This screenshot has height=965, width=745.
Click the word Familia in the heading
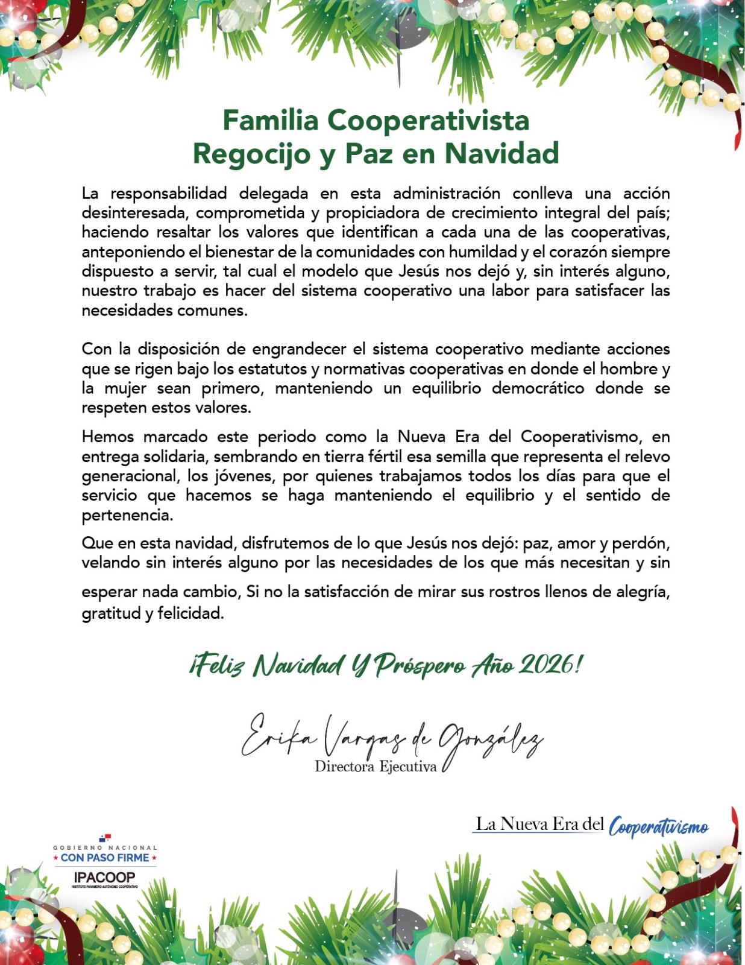coord(270,120)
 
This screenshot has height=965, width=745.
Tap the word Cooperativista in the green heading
coord(429,120)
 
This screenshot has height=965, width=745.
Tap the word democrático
coord(538,388)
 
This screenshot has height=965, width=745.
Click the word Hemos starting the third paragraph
coord(107,437)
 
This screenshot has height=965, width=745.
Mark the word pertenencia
coord(127,516)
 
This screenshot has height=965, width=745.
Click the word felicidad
coord(190,614)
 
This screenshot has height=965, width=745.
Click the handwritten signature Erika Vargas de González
coord(392,739)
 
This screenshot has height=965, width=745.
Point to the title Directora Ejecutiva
coord(375,767)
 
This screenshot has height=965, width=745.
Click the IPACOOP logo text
coord(104,878)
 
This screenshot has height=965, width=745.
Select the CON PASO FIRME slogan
coord(105,858)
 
